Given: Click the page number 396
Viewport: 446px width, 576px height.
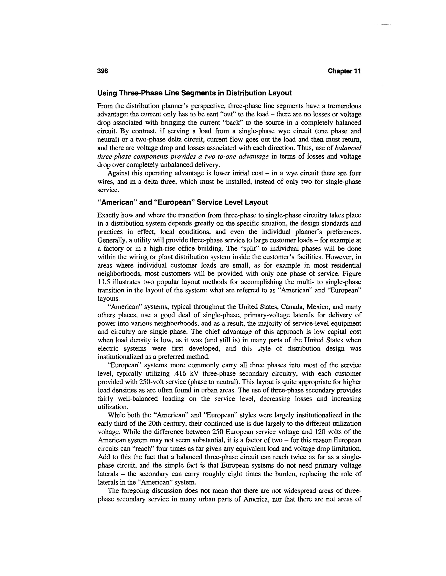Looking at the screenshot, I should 103,71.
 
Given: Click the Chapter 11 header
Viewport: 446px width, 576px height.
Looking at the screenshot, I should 344,71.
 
